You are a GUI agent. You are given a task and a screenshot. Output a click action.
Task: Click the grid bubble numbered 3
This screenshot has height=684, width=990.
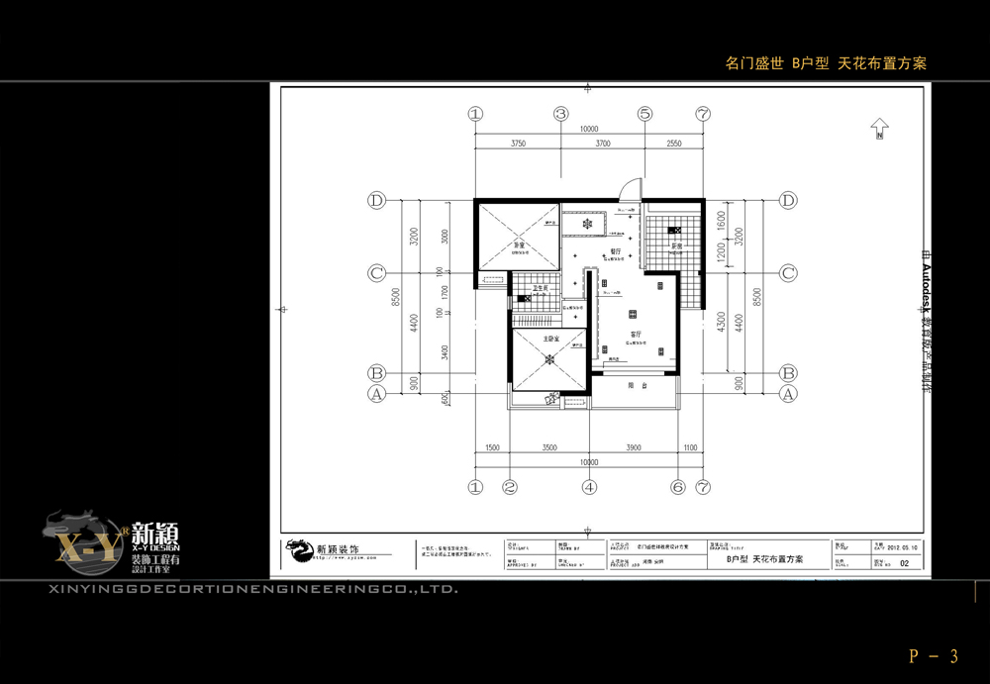560,114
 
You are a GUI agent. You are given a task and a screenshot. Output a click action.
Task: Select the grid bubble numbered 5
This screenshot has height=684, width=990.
644,114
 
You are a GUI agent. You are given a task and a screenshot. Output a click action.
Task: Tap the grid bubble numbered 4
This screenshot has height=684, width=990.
589,487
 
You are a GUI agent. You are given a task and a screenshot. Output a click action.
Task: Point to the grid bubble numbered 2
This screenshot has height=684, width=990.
510,487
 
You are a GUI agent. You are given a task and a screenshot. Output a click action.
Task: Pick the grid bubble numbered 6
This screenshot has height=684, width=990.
678,487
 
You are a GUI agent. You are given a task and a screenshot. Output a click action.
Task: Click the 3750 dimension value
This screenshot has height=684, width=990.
518,144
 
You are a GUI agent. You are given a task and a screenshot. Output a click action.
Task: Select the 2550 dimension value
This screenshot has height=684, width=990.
673,144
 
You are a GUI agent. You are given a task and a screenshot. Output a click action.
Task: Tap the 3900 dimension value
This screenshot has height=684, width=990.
634,448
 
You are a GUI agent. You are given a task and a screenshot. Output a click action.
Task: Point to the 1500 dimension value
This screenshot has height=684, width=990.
492,448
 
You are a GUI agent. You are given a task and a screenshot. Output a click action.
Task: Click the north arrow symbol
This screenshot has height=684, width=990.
878,129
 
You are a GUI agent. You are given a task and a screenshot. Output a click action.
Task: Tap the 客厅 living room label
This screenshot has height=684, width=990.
637,334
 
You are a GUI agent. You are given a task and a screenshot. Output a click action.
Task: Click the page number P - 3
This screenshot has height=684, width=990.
934,655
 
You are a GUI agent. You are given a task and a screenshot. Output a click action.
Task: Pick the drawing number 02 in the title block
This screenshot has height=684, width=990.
904,559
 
